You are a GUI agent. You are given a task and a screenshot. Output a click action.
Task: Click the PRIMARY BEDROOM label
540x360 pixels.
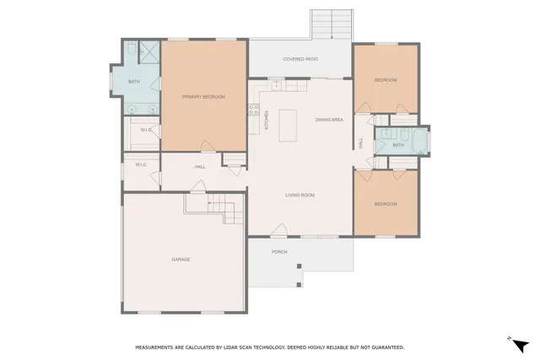203,97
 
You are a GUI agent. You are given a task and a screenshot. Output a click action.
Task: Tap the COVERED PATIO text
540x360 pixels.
300,59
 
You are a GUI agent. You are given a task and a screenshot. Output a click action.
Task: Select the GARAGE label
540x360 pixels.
181,259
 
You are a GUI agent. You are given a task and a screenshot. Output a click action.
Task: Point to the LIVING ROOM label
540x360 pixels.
300,195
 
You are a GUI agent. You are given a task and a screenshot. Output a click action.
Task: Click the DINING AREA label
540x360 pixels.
329,120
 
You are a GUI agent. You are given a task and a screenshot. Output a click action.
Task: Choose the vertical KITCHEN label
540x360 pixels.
267,119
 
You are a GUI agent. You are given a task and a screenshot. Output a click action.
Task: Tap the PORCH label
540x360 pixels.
278,252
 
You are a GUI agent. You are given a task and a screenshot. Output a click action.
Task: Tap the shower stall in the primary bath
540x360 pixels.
148,52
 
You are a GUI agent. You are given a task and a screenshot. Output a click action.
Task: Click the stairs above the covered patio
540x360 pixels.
331,23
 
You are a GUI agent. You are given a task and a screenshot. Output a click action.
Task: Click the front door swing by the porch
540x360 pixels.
279,229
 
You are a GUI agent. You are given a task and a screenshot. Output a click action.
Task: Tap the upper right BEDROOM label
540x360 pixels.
386,79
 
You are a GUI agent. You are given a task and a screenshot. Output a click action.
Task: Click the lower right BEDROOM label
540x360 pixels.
386,203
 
